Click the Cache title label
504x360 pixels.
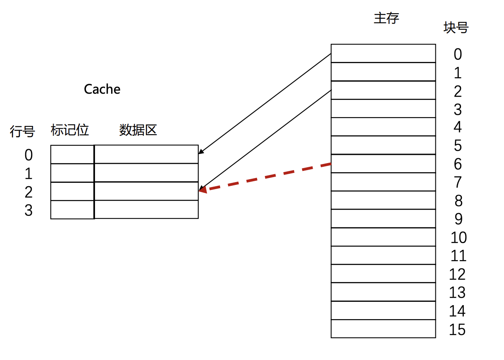(x=102, y=89)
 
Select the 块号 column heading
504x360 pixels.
(x=456, y=28)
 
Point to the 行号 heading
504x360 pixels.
(x=22, y=132)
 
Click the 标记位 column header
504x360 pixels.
(x=70, y=130)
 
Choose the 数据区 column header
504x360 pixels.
(x=138, y=130)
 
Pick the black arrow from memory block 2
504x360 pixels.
(x=264, y=140)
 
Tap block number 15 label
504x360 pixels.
(x=457, y=330)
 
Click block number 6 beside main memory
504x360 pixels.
(x=457, y=164)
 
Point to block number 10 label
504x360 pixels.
(x=458, y=238)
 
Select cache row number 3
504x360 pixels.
(x=28, y=211)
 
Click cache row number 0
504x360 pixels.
(x=28, y=155)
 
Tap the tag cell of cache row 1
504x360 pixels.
(x=72, y=173)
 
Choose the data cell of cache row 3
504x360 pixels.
(x=146, y=210)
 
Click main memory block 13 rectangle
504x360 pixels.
(x=383, y=292)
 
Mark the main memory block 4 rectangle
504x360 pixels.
(x=383, y=127)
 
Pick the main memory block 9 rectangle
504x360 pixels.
(x=383, y=218)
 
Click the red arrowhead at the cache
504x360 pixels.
(x=202, y=190)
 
